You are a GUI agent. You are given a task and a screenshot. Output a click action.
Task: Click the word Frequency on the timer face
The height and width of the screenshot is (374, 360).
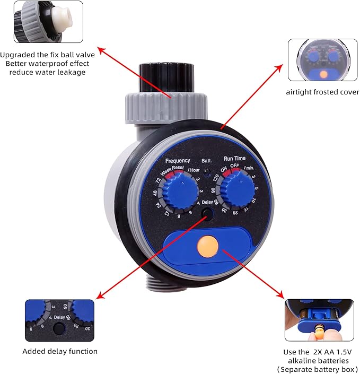pos(178,161)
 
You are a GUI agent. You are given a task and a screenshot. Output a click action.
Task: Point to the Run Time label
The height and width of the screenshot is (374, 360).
pos(235,158)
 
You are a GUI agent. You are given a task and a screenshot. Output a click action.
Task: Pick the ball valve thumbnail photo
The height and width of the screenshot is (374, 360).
pos(48,21)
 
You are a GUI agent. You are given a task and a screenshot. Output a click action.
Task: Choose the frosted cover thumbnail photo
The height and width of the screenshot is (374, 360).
pos(323,59)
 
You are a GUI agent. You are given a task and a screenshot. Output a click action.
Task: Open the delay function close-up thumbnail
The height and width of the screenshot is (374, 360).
pos(59,320)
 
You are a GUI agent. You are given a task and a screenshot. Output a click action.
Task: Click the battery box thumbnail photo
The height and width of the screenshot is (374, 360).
pos(319,320)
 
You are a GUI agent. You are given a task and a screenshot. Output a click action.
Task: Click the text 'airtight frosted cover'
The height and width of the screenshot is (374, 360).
pos(322,92)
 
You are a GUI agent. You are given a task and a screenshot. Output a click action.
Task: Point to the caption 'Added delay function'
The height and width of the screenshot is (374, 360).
pos(60,351)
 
